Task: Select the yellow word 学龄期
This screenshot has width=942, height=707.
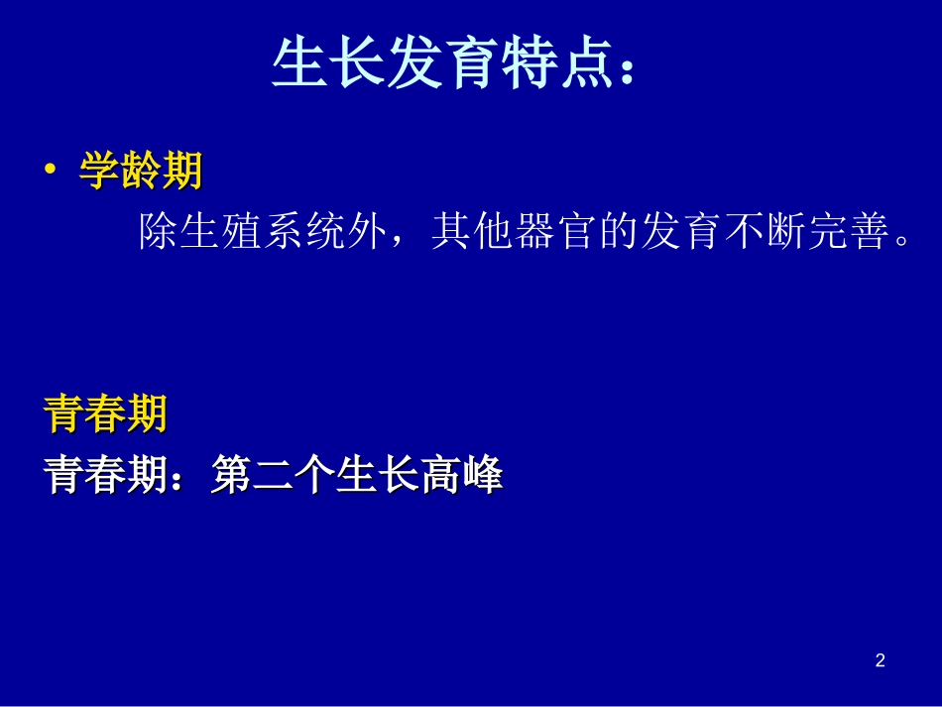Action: coord(141,172)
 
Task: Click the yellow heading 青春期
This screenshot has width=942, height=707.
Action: coord(106,414)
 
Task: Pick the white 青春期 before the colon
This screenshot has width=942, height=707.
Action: coord(106,477)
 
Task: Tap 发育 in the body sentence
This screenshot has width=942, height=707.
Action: coord(682,232)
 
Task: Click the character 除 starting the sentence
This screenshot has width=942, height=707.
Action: coord(159,232)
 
